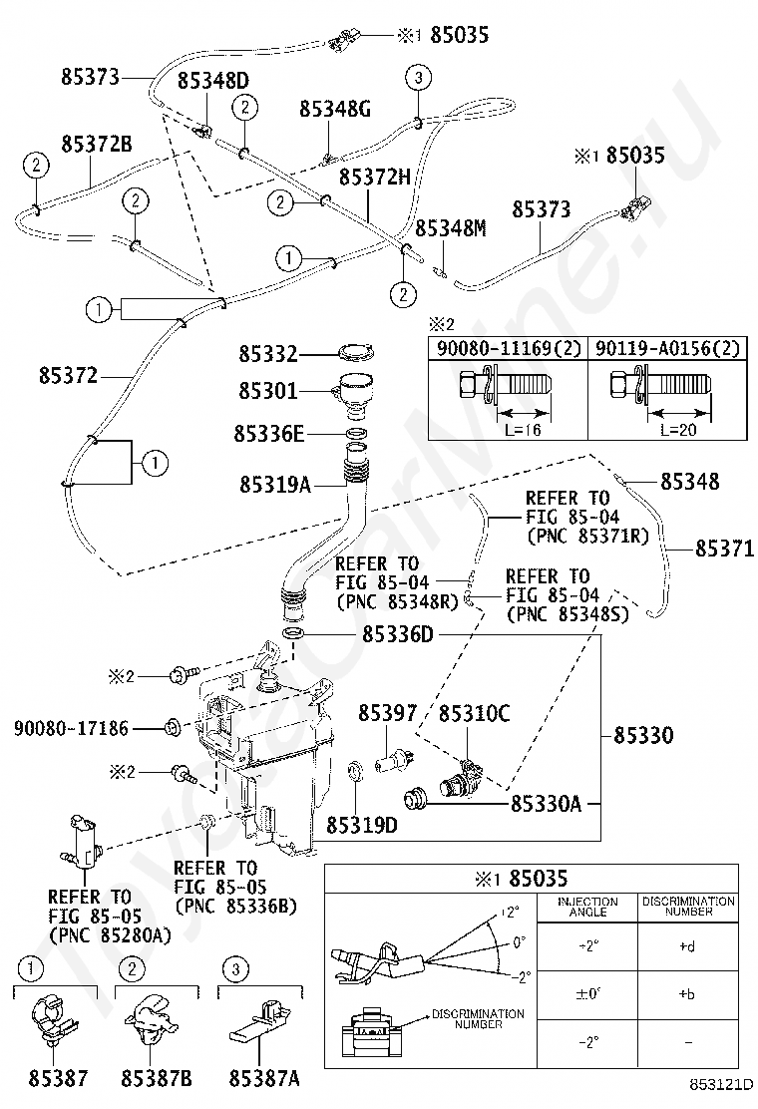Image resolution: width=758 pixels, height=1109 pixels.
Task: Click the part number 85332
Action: [267, 354]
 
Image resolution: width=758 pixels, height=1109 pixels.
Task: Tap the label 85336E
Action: [269, 434]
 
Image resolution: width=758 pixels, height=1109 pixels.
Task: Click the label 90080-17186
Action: [71, 728]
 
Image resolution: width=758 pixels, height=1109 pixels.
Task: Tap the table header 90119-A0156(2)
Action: [667, 349]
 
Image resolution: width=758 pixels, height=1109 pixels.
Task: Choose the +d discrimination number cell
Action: [688, 945]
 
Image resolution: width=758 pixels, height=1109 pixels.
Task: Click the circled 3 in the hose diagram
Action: [418, 77]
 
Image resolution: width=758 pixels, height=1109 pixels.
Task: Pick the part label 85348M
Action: [451, 228]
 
